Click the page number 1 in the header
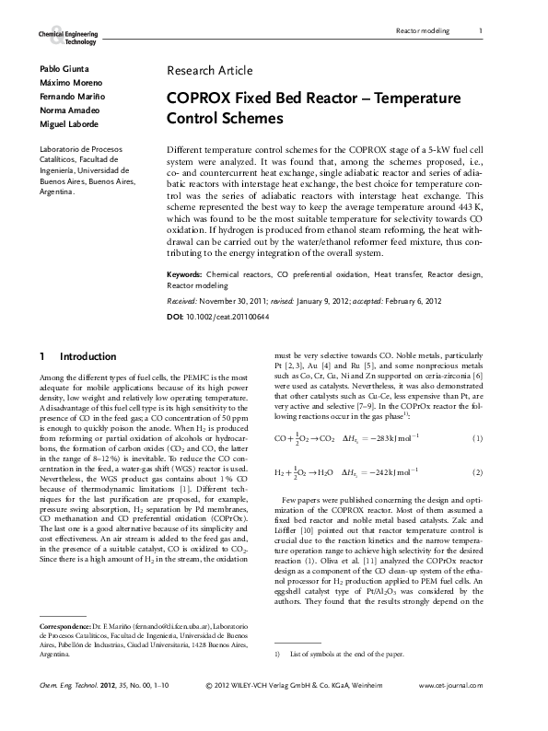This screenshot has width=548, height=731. tap(481, 30)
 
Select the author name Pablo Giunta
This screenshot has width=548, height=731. tap(59, 70)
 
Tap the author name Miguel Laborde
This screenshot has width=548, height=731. tap(66, 123)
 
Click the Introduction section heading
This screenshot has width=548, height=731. tap(87, 356)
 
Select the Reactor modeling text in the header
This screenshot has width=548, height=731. tap(422, 30)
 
